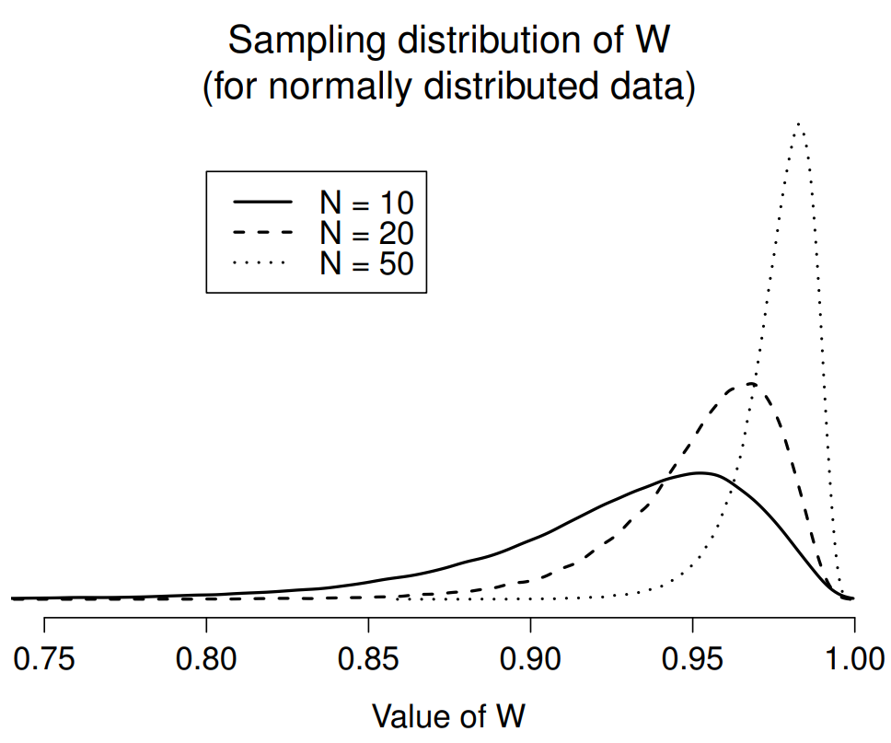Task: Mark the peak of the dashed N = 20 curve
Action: coord(750,384)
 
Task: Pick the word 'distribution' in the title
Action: coord(480,41)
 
